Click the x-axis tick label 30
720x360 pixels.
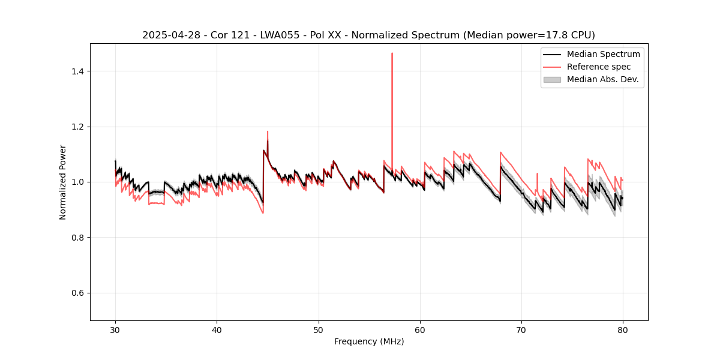pos(115,330)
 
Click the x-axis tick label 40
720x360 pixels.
pos(217,330)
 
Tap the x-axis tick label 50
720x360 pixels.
pos(318,330)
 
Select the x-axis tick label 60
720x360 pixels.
pos(419,330)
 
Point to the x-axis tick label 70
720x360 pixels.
pos(521,330)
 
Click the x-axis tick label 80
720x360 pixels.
pos(622,330)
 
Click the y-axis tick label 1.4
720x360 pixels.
pos(77,71)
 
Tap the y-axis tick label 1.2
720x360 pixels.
pos(77,127)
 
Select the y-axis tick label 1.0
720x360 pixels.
pos(77,182)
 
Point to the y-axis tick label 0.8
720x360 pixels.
pos(77,238)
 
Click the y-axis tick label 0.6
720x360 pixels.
pos(77,293)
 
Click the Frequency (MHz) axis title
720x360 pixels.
pos(369,342)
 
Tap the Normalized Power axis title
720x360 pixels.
pos(63,182)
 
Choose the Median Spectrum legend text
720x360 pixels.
pos(603,54)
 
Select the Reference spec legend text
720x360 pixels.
pos(599,67)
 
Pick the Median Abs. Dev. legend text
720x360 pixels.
pos(603,79)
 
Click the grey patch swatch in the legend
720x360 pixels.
pos(552,79)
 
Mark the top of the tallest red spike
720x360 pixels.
pos(392,53)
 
